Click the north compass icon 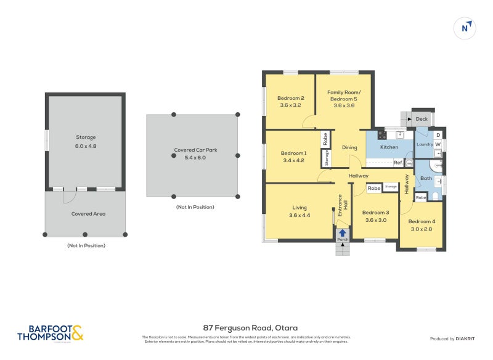click(466, 28)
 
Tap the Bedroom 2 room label click(290, 98)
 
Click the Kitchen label click(389, 147)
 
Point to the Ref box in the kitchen click(398, 163)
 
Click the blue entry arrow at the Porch click(342, 233)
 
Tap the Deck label click(422, 119)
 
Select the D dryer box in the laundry click(438, 135)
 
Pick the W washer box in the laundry click(438, 145)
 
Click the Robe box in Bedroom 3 click(373, 188)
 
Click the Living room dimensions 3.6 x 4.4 click(299, 216)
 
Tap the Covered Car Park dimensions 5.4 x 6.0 click(192, 158)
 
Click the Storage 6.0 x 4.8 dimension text click(86, 147)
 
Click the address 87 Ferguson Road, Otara click(246, 328)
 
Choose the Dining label click(349, 147)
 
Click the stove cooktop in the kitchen click(381, 134)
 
